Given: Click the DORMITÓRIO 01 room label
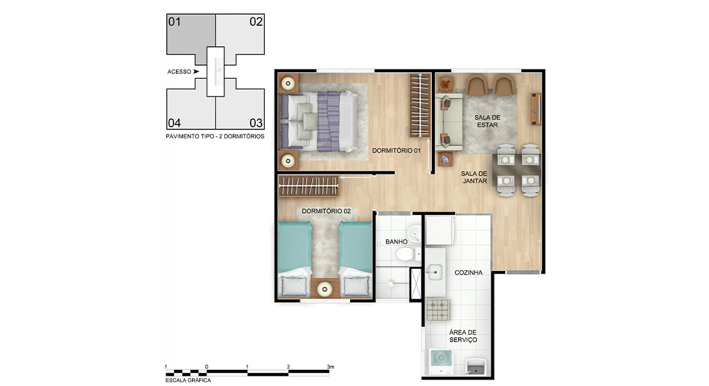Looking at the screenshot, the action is coord(396,151).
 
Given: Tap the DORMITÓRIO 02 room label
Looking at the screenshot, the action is coord(326,211).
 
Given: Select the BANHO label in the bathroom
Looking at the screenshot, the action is coord(396,241).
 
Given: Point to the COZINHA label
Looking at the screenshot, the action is coord(469,272).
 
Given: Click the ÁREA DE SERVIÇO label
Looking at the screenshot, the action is coord(463,336).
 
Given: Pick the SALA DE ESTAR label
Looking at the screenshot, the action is coord(487,121).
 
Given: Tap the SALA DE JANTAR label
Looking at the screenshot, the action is coord(474,177).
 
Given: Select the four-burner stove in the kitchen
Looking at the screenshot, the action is coord(438,309).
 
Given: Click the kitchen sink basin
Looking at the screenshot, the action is coord(435,272).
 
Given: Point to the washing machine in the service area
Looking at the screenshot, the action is coord(441,362).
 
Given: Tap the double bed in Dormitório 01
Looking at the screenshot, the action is coord(319,121).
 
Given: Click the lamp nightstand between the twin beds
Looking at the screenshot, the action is coord(325,288).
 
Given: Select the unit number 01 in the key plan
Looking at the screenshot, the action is coord(175,22).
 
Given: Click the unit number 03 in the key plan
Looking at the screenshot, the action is coord(256,123).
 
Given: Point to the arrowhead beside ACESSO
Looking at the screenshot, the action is coord(196,71).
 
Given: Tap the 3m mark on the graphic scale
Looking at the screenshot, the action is coord(331,367).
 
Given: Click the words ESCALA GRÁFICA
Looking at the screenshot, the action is coord(188,380).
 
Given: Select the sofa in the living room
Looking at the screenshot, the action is coord(449,122).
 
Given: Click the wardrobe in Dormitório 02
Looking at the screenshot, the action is coord(308,186).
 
